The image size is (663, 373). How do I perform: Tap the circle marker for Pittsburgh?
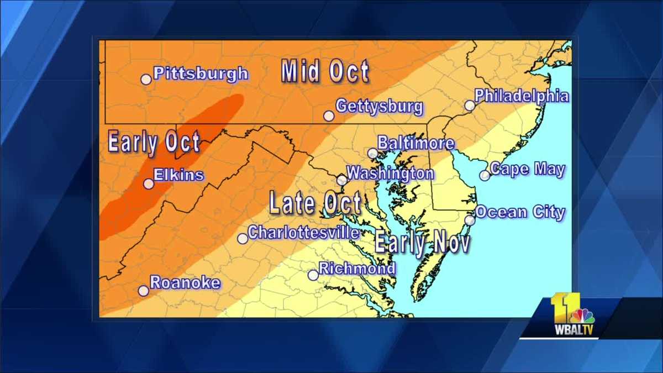point(146,80)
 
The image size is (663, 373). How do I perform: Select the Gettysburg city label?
point(379,107)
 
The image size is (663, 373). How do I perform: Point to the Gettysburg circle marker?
point(329,116)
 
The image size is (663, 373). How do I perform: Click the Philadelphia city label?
point(522,96)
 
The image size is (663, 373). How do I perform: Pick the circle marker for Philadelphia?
point(470,106)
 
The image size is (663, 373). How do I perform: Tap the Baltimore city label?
point(416,144)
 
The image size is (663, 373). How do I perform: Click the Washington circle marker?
point(342,180)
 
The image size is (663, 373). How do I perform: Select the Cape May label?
point(527,169)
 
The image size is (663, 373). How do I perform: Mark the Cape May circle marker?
point(485,176)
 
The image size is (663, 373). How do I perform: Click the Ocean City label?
point(520,212)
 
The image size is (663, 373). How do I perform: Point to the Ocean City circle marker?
point(470,220)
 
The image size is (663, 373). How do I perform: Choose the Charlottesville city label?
point(303,233)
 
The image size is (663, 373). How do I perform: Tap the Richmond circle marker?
point(313,275)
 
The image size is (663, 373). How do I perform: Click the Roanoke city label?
point(185,283)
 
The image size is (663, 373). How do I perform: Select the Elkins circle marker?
point(149,184)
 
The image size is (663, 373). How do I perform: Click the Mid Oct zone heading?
point(325,72)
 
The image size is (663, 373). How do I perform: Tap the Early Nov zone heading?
point(422,243)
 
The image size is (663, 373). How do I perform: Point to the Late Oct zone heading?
point(315,203)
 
